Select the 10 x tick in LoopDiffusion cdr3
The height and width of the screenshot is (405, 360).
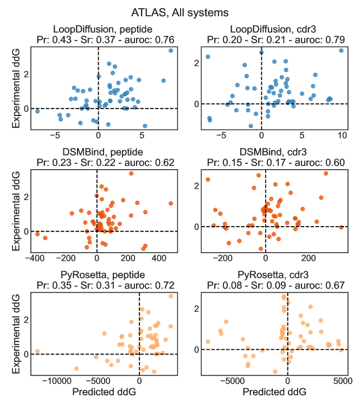pos(341,134)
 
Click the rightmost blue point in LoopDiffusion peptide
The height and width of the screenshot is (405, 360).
pos(171,50)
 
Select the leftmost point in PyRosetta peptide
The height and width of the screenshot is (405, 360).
pos(37,351)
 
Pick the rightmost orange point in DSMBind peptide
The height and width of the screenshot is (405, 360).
pos(171,203)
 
